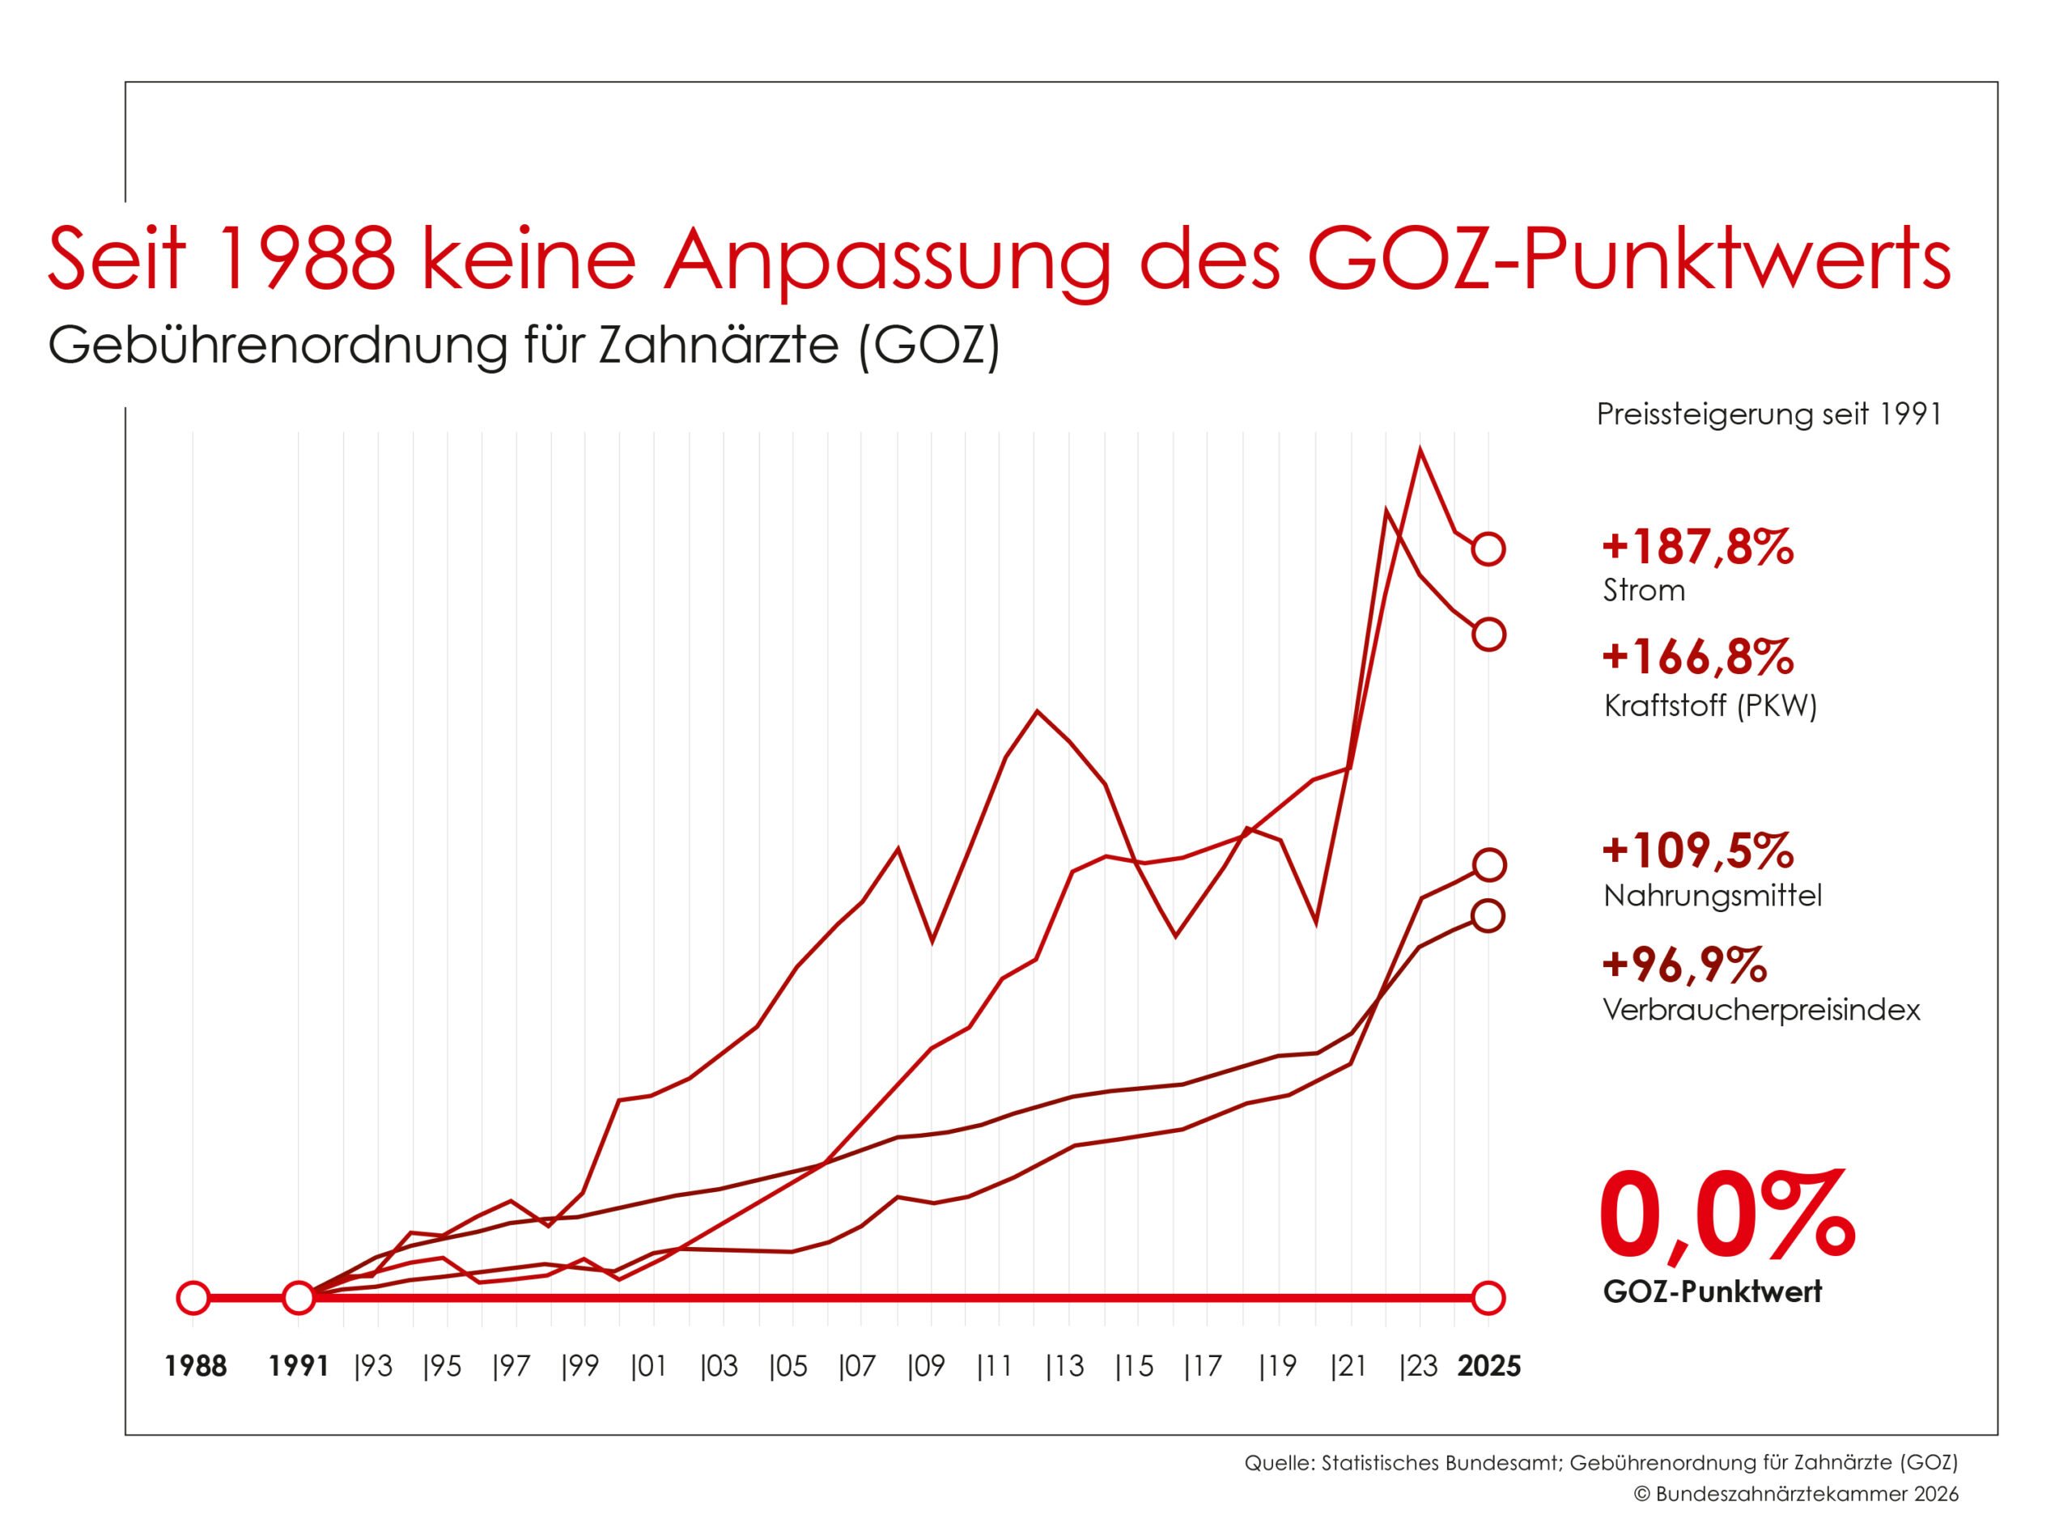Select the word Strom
click(1643, 590)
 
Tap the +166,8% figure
click(1696, 657)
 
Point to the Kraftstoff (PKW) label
click(1709, 706)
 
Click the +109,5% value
click(1696, 850)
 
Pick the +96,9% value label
click(1683, 964)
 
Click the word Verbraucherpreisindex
click(1760, 1009)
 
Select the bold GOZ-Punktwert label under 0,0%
click(1711, 1292)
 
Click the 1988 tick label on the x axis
click(195, 1366)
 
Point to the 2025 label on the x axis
click(1488, 1366)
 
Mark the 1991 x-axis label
click(299, 1366)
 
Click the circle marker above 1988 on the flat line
click(193, 1298)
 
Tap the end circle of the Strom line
click(1488, 549)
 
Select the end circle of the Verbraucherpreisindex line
click(1488, 916)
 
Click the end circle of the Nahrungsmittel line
click(1488, 865)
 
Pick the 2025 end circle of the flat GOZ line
click(1488, 1298)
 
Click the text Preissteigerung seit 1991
click(1768, 414)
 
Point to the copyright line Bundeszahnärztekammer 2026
click(1795, 1494)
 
